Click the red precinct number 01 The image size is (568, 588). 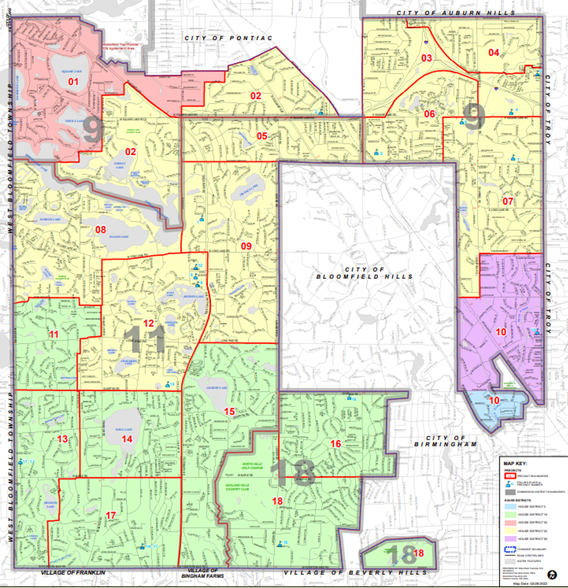73,82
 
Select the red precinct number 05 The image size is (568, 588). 262,136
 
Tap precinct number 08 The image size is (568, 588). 101,230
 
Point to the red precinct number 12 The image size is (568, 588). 149,323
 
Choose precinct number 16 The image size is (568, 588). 336,444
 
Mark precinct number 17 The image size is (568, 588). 111,516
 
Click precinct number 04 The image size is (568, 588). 494,53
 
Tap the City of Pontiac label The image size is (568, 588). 229,38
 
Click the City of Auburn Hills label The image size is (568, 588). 456,13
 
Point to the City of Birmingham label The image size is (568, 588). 446,441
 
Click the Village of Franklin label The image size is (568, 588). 73,573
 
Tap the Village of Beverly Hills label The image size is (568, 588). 355,573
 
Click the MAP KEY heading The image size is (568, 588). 515,463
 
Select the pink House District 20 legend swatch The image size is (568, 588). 510,522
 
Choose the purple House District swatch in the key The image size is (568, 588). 510,539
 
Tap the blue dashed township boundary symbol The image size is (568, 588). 510,550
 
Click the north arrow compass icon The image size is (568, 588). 552,575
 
